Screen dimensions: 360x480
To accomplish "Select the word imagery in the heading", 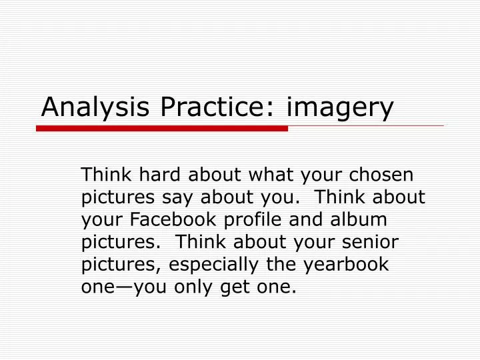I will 341,109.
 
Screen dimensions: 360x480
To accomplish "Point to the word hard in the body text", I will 159,175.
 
